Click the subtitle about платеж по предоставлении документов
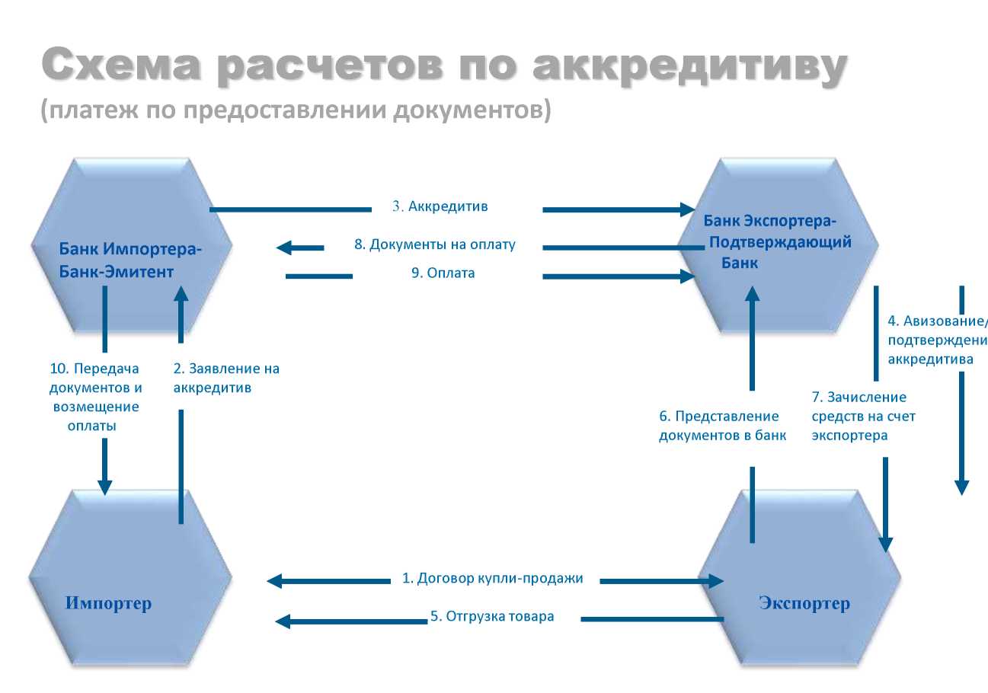point(295,111)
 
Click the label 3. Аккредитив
point(440,206)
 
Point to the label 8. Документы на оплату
point(435,245)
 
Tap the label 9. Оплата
point(443,273)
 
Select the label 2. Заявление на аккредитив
point(226,378)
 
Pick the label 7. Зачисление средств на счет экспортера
point(863,417)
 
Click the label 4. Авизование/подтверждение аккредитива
point(937,339)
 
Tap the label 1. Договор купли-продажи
point(493,579)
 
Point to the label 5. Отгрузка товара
point(492,617)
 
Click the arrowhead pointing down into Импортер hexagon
point(105,487)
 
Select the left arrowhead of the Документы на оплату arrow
point(284,247)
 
